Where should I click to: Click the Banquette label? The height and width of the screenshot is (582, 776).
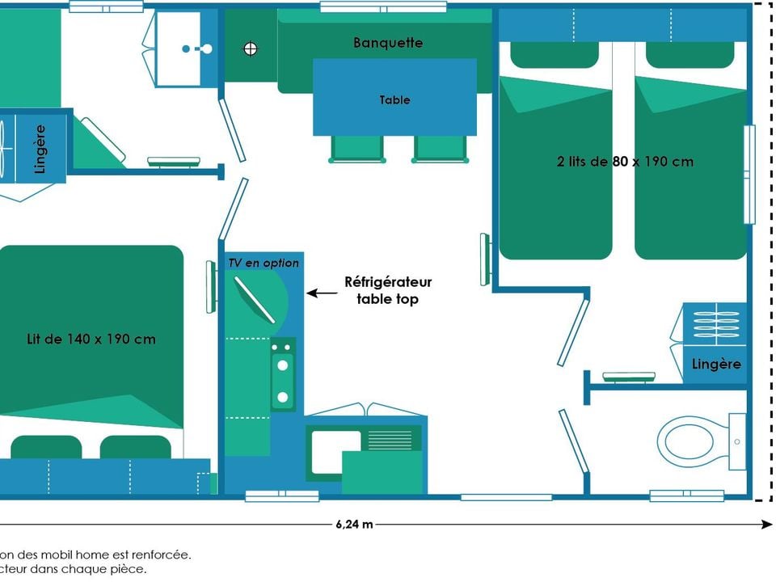[x=388, y=43]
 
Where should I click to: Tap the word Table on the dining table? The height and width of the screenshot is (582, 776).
[x=394, y=100]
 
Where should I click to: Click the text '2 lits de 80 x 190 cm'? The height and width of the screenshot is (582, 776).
[x=625, y=162]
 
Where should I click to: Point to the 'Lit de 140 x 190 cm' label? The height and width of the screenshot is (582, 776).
[x=91, y=339]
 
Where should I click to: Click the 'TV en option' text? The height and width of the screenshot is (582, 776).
[x=264, y=263]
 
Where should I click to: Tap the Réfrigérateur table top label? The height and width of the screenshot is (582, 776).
[x=388, y=290]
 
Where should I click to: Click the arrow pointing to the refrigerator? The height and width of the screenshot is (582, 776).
[x=322, y=294]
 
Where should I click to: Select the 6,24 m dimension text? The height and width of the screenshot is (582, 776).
[x=354, y=524]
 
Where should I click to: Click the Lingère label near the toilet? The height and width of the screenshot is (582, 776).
[x=716, y=364]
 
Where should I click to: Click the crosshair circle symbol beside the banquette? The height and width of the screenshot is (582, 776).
[x=251, y=48]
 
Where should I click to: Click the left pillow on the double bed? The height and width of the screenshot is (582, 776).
[x=46, y=447]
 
